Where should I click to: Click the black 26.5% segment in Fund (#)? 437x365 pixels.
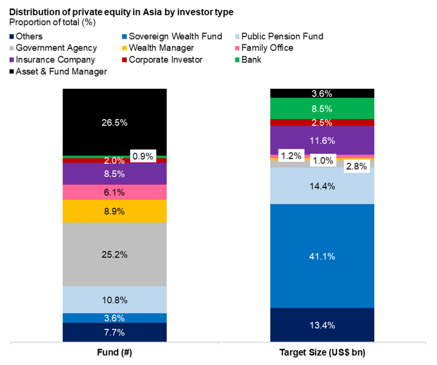[x=115, y=121]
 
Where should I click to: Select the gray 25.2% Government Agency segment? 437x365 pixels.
[x=115, y=254]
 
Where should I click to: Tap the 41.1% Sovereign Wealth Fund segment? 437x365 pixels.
[x=322, y=256]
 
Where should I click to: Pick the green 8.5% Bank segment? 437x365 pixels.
[x=322, y=108]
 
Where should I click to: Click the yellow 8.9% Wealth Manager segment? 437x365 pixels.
[x=115, y=211]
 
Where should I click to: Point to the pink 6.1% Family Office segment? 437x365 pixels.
[x=115, y=192]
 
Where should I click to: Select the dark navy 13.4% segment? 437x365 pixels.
[x=322, y=325]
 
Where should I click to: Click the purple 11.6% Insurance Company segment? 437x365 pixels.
[x=322, y=140]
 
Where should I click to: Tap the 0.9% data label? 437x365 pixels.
[x=142, y=157]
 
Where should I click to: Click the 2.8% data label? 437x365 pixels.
[x=356, y=166]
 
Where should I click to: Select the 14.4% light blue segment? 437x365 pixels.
[x=322, y=185]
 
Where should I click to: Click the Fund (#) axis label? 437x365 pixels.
[x=115, y=352]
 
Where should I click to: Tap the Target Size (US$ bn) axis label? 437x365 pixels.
[x=322, y=352]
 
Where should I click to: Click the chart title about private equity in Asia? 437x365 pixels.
[x=121, y=12]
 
